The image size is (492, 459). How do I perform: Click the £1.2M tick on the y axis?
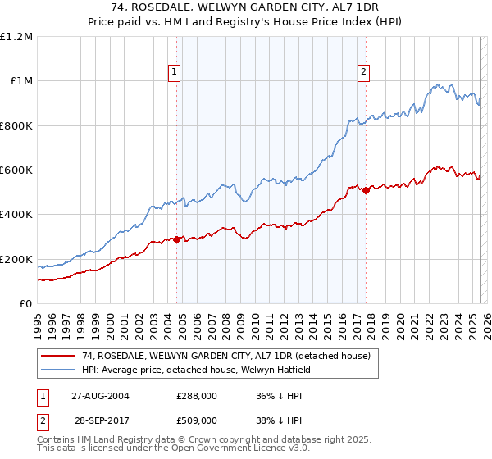(x=17, y=36)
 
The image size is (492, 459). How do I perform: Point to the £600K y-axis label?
(x=17, y=170)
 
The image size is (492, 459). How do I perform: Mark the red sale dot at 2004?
(x=177, y=239)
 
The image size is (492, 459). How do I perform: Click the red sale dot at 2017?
(x=366, y=190)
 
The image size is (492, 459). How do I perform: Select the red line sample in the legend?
(x=58, y=356)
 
